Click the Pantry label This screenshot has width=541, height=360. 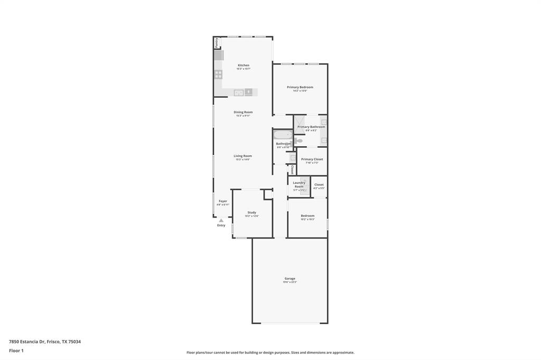[x=216, y=43]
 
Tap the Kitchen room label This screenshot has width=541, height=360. [x=243, y=65]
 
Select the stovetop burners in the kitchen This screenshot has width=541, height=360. [x=218, y=74]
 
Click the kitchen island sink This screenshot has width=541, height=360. [x=239, y=93]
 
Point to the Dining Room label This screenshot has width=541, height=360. [x=243, y=112]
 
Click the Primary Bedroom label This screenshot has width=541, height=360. [x=300, y=87]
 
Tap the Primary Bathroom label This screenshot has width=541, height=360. [x=311, y=127]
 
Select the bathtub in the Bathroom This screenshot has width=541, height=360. [x=283, y=135]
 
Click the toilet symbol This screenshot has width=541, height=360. [x=299, y=140]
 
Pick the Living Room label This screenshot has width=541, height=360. [x=243, y=156]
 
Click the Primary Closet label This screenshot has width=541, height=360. [x=312, y=159]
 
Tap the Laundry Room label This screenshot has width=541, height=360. [x=299, y=185]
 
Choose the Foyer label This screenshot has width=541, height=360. [x=223, y=201]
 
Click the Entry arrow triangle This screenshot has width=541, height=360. [x=221, y=220]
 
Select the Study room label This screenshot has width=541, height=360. [x=251, y=212]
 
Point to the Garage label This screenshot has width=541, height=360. [x=290, y=278]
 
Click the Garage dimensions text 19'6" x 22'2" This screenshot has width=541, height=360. [x=290, y=282]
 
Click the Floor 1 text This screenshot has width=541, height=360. [x=16, y=350]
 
